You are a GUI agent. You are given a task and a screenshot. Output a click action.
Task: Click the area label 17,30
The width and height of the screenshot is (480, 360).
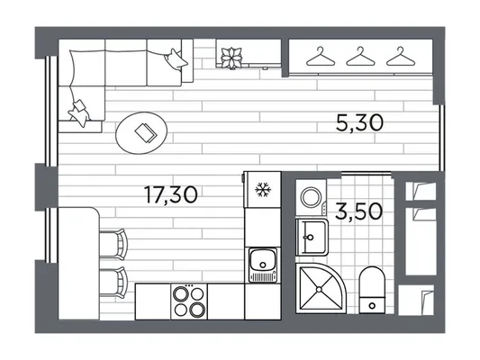click(x=171, y=195)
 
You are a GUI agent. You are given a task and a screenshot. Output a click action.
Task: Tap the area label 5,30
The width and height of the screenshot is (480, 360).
click(x=359, y=122)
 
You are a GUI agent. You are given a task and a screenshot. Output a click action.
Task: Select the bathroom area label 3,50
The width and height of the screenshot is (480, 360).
click(x=358, y=211)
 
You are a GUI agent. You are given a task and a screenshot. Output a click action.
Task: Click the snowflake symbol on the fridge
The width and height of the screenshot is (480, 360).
click(x=262, y=189)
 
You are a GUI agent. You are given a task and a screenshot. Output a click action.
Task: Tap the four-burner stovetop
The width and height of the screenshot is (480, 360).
click(x=189, y=301)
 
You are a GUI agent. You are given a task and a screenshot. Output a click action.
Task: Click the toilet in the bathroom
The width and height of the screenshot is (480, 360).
click(x=372, y=290)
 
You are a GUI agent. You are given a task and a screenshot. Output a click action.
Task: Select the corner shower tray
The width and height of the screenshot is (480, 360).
click(x=320, y=288)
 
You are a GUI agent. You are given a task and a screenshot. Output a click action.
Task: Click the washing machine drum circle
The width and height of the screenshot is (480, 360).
click(x=311, y=197)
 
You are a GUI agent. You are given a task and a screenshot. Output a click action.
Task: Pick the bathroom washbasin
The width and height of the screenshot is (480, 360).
click(x=312, y=237)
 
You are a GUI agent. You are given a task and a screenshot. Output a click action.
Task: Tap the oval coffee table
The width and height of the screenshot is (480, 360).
click(x=141, y=132)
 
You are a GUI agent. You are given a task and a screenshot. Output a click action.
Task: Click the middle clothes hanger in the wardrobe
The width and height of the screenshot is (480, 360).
click(x=360, y=57)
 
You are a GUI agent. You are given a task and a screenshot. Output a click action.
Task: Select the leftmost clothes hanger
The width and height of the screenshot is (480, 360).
click(x=321, y=57)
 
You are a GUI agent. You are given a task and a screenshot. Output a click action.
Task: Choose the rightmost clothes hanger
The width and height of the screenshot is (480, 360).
click(x=401, y=57)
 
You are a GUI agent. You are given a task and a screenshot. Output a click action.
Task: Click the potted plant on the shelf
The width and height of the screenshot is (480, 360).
click(x=232, y=58)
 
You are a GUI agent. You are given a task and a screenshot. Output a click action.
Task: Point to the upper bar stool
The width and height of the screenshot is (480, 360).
click(x=113, y=245)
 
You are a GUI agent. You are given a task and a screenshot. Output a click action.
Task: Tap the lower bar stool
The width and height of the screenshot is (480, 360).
click(x=113, y=283)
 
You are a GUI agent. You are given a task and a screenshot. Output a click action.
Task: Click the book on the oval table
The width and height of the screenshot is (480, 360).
click(x=146, y=132)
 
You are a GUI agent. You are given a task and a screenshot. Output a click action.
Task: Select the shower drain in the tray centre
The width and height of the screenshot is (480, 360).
click(x=319, y=289)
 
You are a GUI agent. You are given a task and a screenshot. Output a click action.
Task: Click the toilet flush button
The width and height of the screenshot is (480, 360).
click(x=372, y=305)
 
